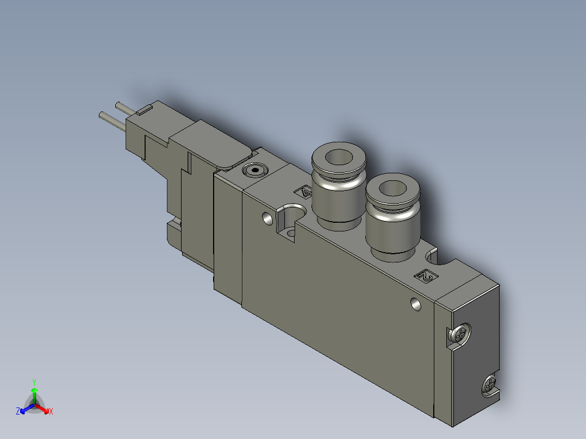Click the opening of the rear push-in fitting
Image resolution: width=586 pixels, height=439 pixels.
coord(339,156)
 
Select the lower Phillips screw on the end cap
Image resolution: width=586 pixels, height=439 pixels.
coord(489,385)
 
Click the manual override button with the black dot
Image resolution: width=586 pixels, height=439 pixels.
coord(254,171)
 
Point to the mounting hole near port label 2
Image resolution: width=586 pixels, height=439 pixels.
coord(415,304)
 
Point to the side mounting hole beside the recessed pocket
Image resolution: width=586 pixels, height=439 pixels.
coord(267,218)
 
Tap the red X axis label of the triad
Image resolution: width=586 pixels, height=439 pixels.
coord(51,411)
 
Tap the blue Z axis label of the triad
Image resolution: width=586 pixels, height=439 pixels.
coord(18,411)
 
